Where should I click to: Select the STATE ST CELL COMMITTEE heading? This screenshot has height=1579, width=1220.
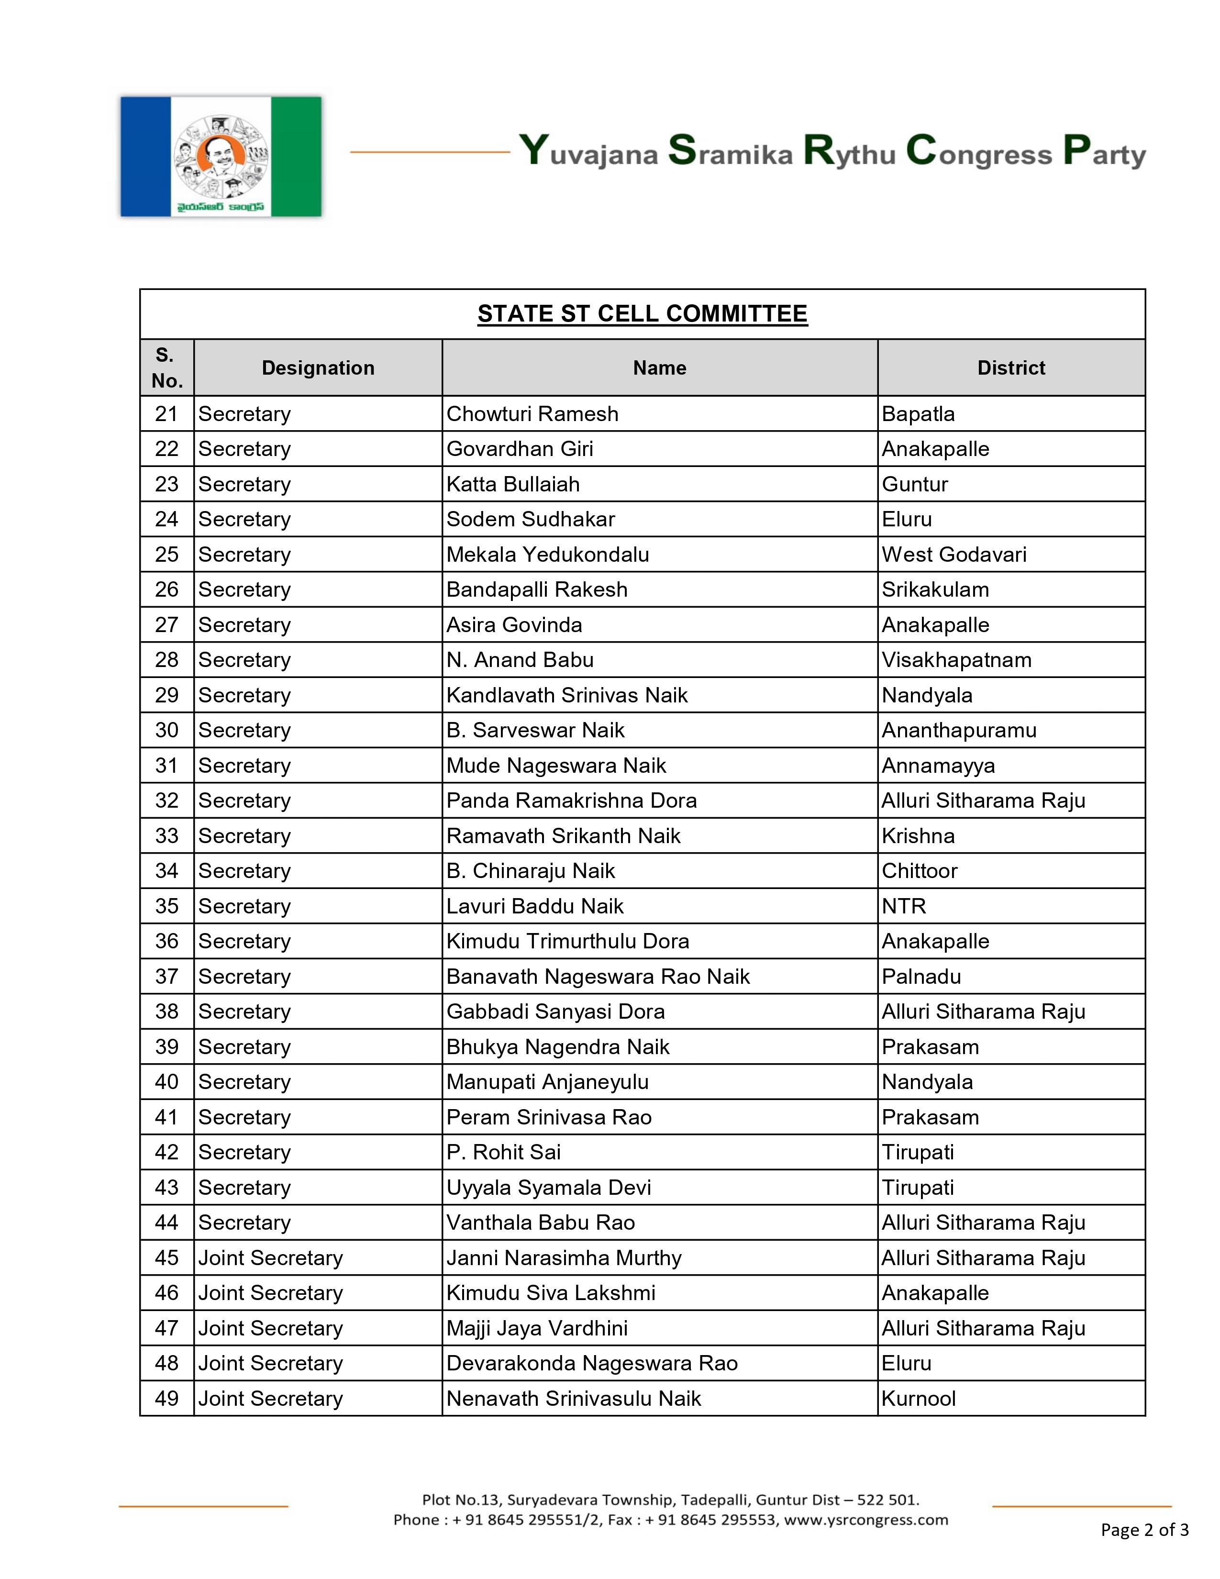642,314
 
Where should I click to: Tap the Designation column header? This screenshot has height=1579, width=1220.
318,368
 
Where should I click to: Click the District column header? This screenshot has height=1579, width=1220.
1010,368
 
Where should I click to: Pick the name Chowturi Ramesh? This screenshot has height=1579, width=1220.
532,414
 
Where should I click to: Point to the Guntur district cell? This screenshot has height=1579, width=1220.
914,484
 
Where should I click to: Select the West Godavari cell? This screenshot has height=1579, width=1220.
954,555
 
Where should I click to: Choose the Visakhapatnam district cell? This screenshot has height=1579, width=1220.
956,660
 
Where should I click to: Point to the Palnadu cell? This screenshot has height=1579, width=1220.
921,977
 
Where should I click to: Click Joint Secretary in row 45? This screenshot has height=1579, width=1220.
270,1258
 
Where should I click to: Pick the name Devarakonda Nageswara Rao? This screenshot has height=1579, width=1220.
591,1364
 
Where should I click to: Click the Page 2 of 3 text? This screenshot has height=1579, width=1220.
1144,1529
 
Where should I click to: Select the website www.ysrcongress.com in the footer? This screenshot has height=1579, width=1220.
866,1520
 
